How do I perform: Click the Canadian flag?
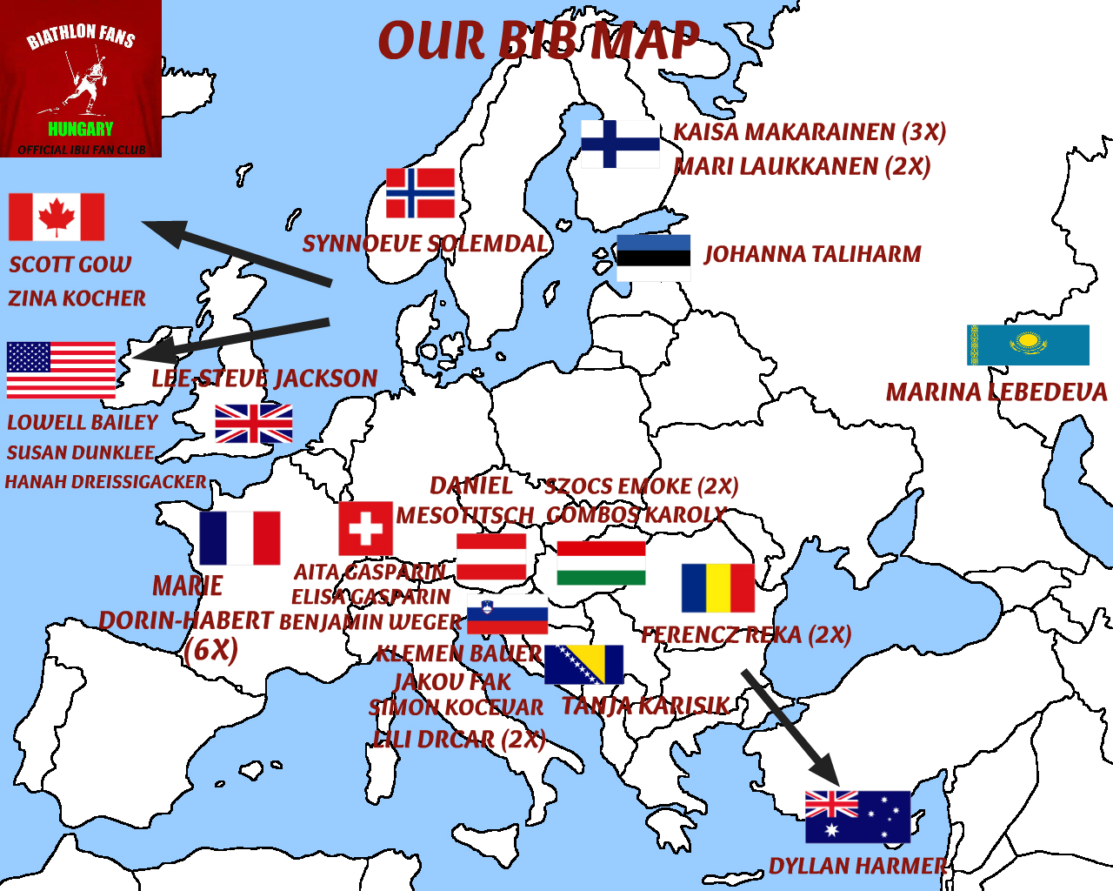point(57,217)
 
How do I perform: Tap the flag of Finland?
point(620,144)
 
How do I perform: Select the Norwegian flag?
point(420,192)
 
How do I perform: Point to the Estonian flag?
point(653,257)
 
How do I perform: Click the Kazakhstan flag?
point(1028,345)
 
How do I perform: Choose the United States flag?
point(61,370)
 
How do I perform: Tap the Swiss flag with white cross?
point(365,528)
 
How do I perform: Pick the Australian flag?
point(857,816)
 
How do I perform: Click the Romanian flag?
point(717,587)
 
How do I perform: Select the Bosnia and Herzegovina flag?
point(583,664)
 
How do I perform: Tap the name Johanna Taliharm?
point(812,254)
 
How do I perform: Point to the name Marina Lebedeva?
point(996,392)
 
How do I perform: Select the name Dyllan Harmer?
point(857,866)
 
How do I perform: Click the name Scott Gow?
point(70,265)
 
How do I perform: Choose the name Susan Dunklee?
point(81,452)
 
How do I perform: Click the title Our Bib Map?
point(538,41)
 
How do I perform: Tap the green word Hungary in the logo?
point(80,129)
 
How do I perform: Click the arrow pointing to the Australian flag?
point(790,725)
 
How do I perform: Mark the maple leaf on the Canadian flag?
point(57,217)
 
